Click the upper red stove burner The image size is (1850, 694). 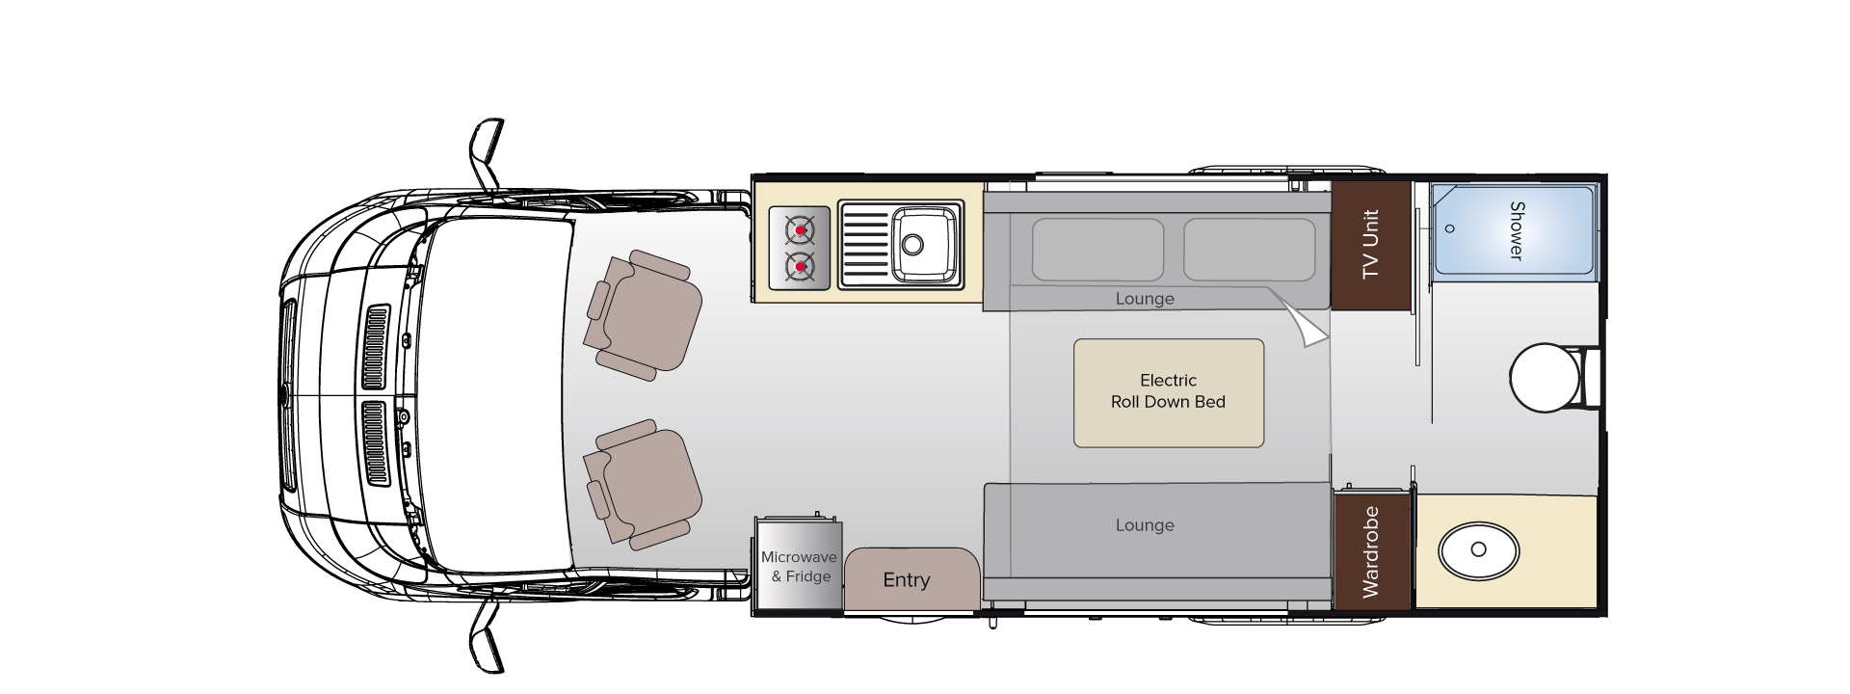799,231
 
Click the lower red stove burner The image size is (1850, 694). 799,264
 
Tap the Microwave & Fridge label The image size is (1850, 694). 799,567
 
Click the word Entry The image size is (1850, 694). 907,580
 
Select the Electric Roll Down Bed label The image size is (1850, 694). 1168,391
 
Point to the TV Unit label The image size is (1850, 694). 1371,245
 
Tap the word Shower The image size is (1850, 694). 1516,230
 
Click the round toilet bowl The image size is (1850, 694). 1542,379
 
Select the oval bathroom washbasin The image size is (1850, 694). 1478,551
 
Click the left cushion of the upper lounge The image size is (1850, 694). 1097,248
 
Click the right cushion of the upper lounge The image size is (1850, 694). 1249,248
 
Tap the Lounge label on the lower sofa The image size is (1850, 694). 1145,525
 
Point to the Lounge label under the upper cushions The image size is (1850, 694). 1145,299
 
